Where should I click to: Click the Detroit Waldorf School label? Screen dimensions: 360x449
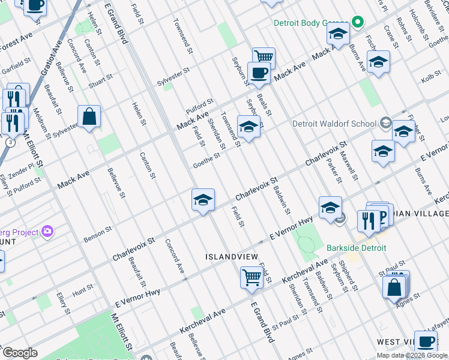coord(334,124)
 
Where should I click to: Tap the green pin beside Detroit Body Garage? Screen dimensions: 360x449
coord(358,23)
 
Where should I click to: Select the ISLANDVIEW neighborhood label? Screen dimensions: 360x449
coord(232,257)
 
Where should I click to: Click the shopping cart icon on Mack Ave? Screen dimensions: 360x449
coord(264,58)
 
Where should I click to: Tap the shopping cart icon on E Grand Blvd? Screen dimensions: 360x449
coord(252,277)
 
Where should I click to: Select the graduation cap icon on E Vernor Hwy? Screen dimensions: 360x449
coord(330,208)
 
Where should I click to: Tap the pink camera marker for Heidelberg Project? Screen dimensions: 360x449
coord(48,232)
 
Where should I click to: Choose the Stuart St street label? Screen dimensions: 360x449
coord(101,80)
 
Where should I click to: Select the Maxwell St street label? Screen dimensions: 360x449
coord(348,167)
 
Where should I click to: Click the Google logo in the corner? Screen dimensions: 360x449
coord(20,353)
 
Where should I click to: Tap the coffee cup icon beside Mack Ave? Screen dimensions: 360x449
coord(259,73)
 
